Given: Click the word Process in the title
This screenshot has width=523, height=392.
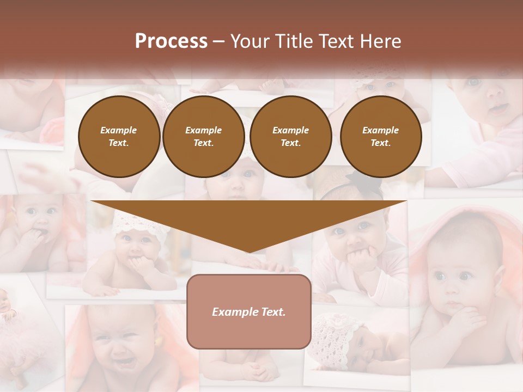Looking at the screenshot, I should [171, 41].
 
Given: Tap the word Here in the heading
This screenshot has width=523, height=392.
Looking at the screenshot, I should [380, 41].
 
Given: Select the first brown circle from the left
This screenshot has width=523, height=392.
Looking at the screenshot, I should [119, 137].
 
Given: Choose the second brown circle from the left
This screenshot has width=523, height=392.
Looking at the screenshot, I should [204, 137].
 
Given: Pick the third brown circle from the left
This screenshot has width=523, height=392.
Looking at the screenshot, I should [291, 137].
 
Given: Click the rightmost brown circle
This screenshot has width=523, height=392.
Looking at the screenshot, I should [381, 137].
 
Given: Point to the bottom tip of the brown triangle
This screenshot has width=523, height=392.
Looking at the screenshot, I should [249, 252].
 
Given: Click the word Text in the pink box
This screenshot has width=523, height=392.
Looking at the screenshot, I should [273, 312].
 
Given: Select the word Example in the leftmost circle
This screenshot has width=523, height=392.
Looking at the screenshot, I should [119, 131].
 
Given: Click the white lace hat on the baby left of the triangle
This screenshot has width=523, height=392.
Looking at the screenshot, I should [134, 223].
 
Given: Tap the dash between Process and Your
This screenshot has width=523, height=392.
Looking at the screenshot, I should [219, 41].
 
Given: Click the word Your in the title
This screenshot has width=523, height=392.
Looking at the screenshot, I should [248, 41].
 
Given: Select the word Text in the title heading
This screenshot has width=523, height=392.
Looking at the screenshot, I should [336, 41].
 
